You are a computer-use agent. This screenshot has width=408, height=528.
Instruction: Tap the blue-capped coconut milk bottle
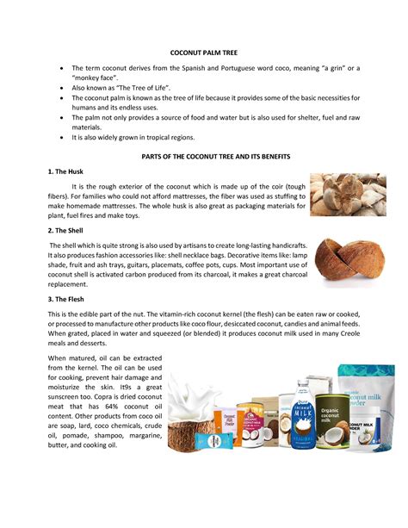coord(305,413)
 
